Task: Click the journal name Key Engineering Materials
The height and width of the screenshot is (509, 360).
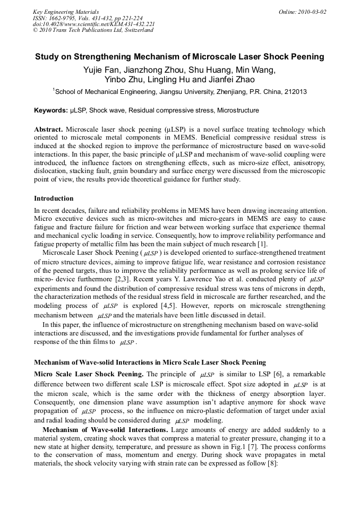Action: click(x=65, y=11)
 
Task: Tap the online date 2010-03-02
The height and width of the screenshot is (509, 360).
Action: click(x=314, y=11)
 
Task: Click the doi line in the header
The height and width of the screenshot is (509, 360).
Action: click(x=93, y=24)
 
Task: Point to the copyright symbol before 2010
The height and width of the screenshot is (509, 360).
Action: click(x=35, y=30)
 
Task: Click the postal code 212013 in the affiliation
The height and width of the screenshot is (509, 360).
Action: click(x=295, y=92)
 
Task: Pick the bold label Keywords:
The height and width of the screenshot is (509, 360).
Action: click(x=51, y=110)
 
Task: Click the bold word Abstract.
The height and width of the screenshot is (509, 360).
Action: click(x=48, y=130)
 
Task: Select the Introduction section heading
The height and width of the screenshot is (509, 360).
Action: click(x=54, y=199)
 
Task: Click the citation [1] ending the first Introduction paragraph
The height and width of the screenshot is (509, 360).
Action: click(x=262, y=245)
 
